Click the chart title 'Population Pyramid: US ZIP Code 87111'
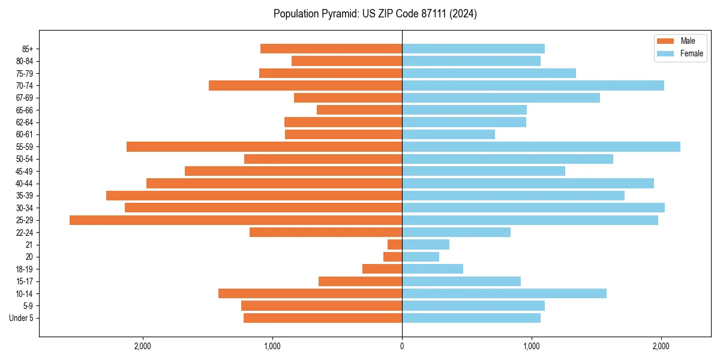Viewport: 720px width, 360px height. pos(375,14)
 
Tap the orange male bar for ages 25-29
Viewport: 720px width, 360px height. pos(236,220)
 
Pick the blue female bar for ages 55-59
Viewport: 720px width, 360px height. pos(541,146)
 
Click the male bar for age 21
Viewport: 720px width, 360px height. pos(395,245)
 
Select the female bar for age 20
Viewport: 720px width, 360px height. pos(421,257)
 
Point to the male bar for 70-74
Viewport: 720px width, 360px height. pos(305,85)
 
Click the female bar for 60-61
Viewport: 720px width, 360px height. pos(448,134)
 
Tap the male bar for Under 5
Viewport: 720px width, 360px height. pos(323,318)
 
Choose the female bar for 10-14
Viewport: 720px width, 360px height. pos(504,293)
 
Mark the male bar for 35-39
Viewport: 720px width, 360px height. pos(254,196)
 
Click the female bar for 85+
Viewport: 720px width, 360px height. pos(473,49)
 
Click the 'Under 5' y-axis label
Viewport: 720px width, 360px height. pos(21,318)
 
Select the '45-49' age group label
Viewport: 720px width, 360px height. pos(25,171)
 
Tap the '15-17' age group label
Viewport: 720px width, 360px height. pos(25,281)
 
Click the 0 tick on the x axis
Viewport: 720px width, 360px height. pos(402,346)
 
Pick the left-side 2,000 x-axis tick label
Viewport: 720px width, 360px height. pos(143,346)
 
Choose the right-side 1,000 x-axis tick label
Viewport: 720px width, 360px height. pos(532,346)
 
